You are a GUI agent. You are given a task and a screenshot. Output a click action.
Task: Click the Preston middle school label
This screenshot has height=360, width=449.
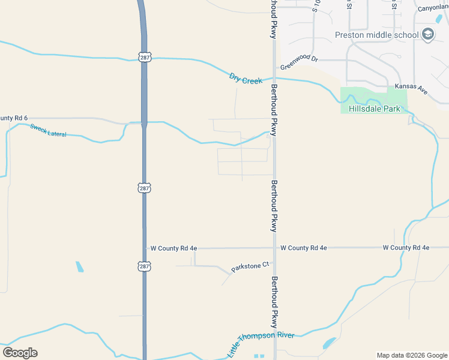(376, 35)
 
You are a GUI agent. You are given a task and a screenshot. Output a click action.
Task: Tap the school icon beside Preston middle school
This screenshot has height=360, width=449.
(427, 34)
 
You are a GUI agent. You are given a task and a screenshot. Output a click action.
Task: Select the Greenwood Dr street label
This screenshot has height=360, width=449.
(298, 59)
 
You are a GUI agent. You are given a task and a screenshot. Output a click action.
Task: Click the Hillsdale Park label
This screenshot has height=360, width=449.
(374, 109)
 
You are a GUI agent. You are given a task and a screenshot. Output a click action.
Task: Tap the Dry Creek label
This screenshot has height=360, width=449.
(246, 78)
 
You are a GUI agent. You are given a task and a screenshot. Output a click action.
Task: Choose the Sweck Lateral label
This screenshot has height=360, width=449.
(48, 130)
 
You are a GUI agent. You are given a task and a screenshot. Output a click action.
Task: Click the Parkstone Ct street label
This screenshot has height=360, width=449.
(250, 268)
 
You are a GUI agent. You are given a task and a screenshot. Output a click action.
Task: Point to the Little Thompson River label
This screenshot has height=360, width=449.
(261, 343)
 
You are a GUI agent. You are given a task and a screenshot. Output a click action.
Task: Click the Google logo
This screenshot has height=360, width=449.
(20, 353)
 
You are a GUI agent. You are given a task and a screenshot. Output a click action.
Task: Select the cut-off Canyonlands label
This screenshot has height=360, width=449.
(433, 8)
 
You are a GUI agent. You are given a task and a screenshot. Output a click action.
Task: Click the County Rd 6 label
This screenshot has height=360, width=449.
(14, 118)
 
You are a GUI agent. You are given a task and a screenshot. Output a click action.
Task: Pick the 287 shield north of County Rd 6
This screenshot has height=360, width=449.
(144, 57)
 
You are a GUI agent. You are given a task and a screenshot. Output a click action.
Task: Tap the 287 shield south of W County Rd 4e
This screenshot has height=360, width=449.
(144, 266)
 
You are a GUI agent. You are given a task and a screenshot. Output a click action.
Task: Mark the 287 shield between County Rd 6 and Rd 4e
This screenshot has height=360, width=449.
(144, 188)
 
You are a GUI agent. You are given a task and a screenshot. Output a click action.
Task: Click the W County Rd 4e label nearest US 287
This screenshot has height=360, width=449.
(173, 248)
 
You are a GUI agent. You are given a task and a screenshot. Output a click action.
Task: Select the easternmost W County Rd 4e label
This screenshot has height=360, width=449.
(406, 247)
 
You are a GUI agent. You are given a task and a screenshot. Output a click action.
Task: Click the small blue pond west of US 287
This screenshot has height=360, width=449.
(79, 266)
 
